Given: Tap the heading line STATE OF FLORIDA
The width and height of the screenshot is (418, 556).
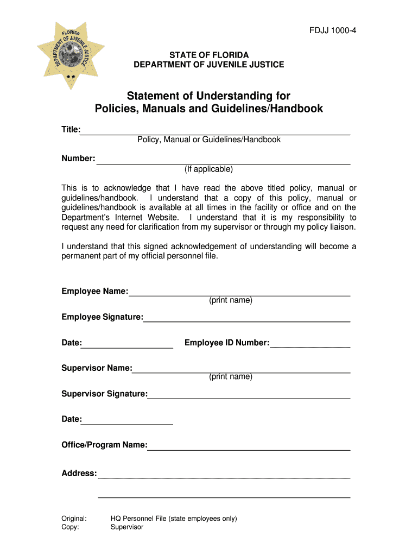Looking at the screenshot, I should [x=209, y=55].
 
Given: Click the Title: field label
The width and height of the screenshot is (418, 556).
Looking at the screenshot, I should [x=71, y=129].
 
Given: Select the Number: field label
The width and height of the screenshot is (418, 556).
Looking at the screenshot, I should [x=78, y=159].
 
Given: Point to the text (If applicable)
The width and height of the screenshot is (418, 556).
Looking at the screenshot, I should [x=208, y=169].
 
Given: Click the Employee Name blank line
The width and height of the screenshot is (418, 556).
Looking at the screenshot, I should [x=239, y=294].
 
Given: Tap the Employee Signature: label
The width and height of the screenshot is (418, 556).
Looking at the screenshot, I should [x=102, y=317].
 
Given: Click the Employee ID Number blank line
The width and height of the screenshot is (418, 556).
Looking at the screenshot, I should [x=310, y=346].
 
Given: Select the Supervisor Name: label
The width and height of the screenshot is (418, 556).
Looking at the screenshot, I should [x=97, y=368].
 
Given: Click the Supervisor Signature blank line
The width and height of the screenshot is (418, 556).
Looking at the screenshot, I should [x=249, y=397].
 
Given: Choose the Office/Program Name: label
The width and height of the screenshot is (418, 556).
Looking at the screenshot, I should [x=104, y=445].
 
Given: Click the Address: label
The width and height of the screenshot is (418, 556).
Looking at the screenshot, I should [x=79, y=473].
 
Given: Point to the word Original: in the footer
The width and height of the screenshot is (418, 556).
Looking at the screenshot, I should [x=74, y=519].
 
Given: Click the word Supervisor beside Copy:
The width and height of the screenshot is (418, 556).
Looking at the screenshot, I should [x=127, y=527].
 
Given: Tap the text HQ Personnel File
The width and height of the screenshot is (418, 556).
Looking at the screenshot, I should [x=138, y=519].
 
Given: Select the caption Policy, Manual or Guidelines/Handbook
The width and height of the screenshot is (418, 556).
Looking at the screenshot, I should [x=209, y=140].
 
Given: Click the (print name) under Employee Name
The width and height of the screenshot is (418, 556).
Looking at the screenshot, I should [x=231, y=300].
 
